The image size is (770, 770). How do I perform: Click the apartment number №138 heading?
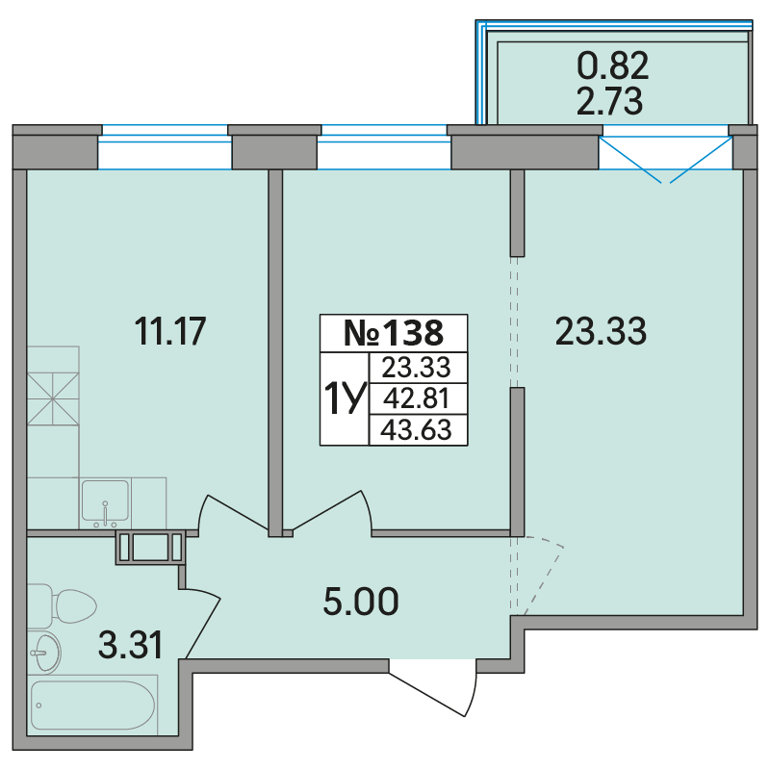coord(394,333)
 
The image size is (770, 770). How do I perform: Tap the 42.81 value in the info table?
coord(416,398)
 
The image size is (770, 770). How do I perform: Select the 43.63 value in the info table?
coord(416,429)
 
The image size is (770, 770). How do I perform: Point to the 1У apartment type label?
coord(345,398)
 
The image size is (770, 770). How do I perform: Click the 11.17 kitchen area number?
coord(169,331)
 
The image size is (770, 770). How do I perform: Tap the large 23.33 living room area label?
coord(601,331)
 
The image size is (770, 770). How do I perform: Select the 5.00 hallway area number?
coord(361,602)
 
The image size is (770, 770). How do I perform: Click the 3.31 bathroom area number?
coord(130,645)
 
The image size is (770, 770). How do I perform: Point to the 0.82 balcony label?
coord(612,65)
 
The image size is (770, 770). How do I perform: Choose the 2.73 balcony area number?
coord(609,101)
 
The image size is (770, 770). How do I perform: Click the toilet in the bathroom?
coord(62,606)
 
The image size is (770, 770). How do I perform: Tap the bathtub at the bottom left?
coord(93,706)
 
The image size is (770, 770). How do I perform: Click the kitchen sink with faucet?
coord(105,501)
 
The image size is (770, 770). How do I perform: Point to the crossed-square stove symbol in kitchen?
coord(53,398)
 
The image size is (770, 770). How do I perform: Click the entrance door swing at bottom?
coord(434,687)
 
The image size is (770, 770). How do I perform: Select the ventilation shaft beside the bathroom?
coord(151,548)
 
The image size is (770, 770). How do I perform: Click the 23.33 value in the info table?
coord(416,368)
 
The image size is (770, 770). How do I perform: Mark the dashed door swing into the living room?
coord(538,576)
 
